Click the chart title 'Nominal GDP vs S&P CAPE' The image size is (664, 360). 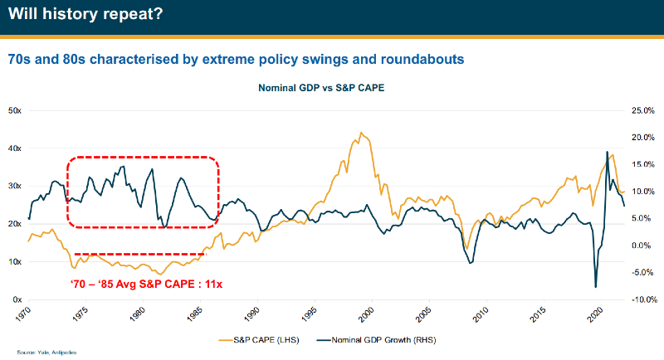320,87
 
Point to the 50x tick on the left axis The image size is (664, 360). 15,110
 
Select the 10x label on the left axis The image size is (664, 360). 15,261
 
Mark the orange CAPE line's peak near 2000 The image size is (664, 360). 359,133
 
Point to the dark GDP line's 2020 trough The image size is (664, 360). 596,287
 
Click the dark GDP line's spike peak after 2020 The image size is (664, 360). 606,152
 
